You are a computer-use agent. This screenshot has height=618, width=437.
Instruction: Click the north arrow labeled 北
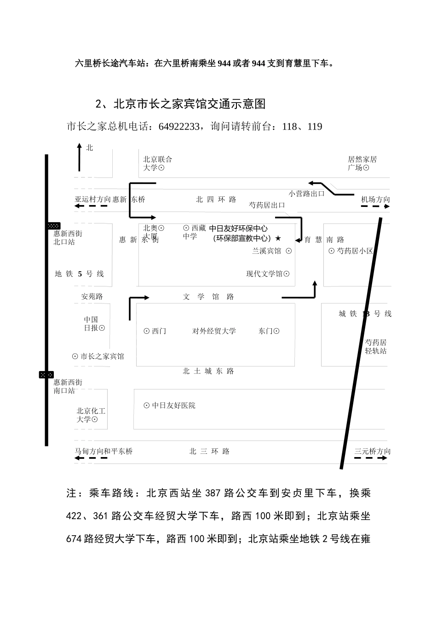(79, 157)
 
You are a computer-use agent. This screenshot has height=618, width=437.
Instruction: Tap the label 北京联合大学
(157, 164)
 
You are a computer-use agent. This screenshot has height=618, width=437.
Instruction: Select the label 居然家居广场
(362, 164)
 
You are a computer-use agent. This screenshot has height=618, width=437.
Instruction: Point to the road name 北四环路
(216, 200)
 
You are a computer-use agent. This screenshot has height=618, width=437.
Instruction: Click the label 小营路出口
(306, 194)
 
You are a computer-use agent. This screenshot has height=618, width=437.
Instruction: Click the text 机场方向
(375, 200)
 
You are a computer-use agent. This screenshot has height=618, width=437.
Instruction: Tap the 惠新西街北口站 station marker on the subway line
(54, 226)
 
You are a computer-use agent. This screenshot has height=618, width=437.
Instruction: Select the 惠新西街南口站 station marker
(46, 375)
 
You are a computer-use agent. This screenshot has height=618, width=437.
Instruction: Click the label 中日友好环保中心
(238, 229)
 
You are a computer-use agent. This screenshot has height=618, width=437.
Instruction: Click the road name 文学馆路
(208, 297)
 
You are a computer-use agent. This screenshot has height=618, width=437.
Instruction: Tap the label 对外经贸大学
(214, 331)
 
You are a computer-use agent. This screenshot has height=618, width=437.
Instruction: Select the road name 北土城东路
(208, 371)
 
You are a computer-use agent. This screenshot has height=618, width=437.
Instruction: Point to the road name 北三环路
(209, 452)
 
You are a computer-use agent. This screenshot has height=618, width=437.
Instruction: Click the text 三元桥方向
(372, 452)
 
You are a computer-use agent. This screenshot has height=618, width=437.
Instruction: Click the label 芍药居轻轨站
(376, 347)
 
